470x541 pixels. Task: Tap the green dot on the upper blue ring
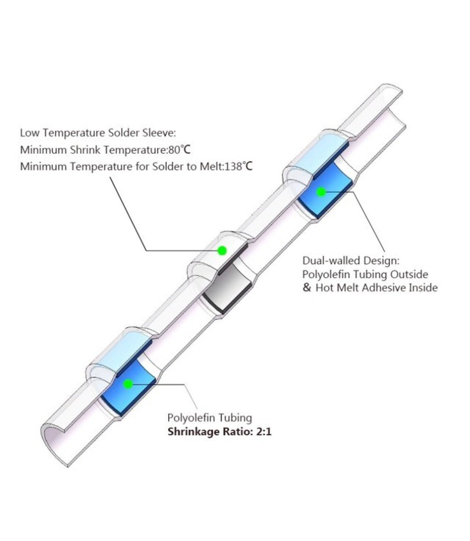click(321, 192)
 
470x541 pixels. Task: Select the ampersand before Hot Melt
click(307, 288)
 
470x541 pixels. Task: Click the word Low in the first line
click(28, 133)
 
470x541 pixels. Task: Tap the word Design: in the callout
click(382, 261)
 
